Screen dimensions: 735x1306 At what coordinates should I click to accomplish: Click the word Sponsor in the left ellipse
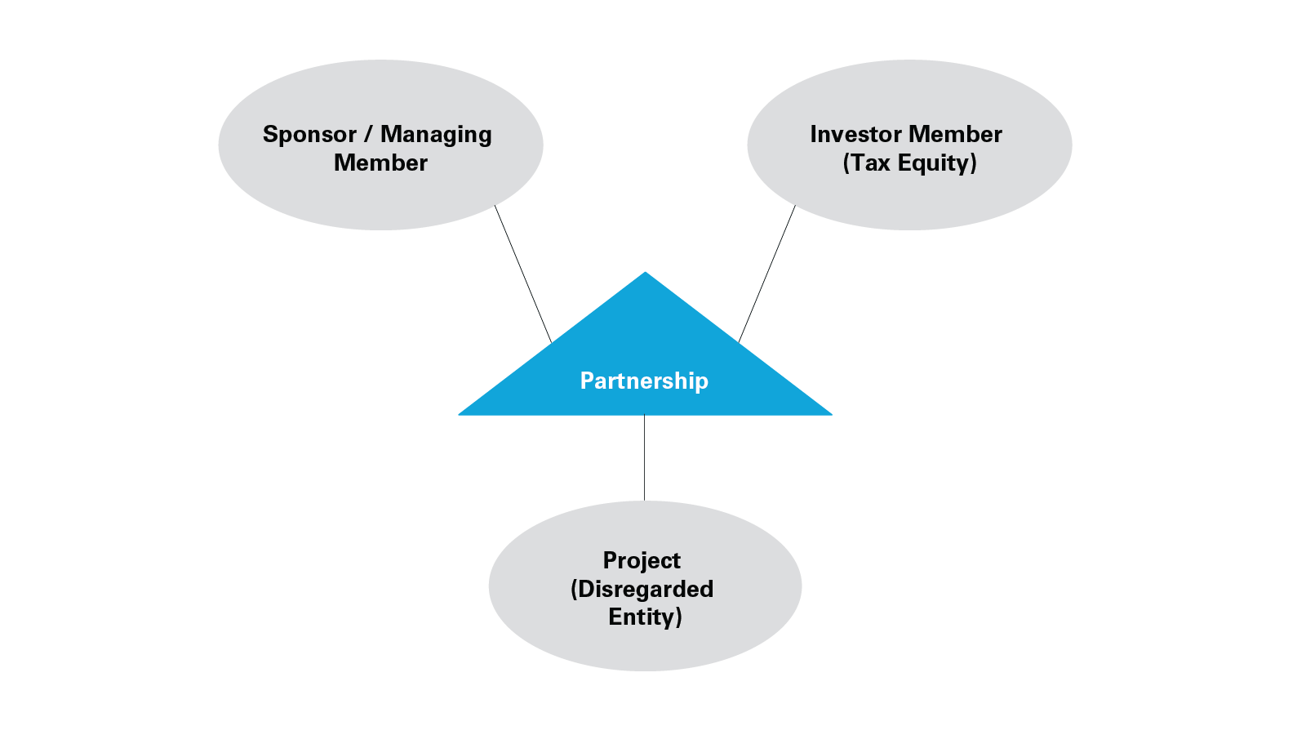(x=309, y=135)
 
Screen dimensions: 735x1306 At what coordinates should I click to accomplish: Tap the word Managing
(x=436, y=135)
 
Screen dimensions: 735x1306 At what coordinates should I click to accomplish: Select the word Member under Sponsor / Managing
(x=380, y=163)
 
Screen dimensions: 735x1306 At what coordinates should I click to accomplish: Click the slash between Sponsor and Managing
(x=368, y=135)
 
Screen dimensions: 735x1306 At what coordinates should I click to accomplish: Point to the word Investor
(x=855, y=135)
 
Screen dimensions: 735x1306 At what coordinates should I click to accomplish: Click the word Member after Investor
(x=955, y=135)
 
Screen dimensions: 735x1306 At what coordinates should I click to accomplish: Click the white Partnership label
(x=644, y=381)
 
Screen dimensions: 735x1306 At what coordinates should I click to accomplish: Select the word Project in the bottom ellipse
(x=642, y=561)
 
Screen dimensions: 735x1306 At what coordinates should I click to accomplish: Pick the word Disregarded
(x=646, y=590)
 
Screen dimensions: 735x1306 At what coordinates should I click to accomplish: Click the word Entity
(x=642, y=617)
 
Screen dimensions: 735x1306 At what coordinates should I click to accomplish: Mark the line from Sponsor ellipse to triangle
(x=523, y=274)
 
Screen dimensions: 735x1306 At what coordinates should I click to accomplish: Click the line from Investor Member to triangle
(x=767, y=274)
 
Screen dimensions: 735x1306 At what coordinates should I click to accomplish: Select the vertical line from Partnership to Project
(x=644, y=457)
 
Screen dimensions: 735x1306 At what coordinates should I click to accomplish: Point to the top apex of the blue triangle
(x=645, y=274)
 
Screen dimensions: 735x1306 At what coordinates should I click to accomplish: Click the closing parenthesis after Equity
(x=973, y=163)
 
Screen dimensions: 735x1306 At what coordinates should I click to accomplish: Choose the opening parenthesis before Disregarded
(x=575, y=590)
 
